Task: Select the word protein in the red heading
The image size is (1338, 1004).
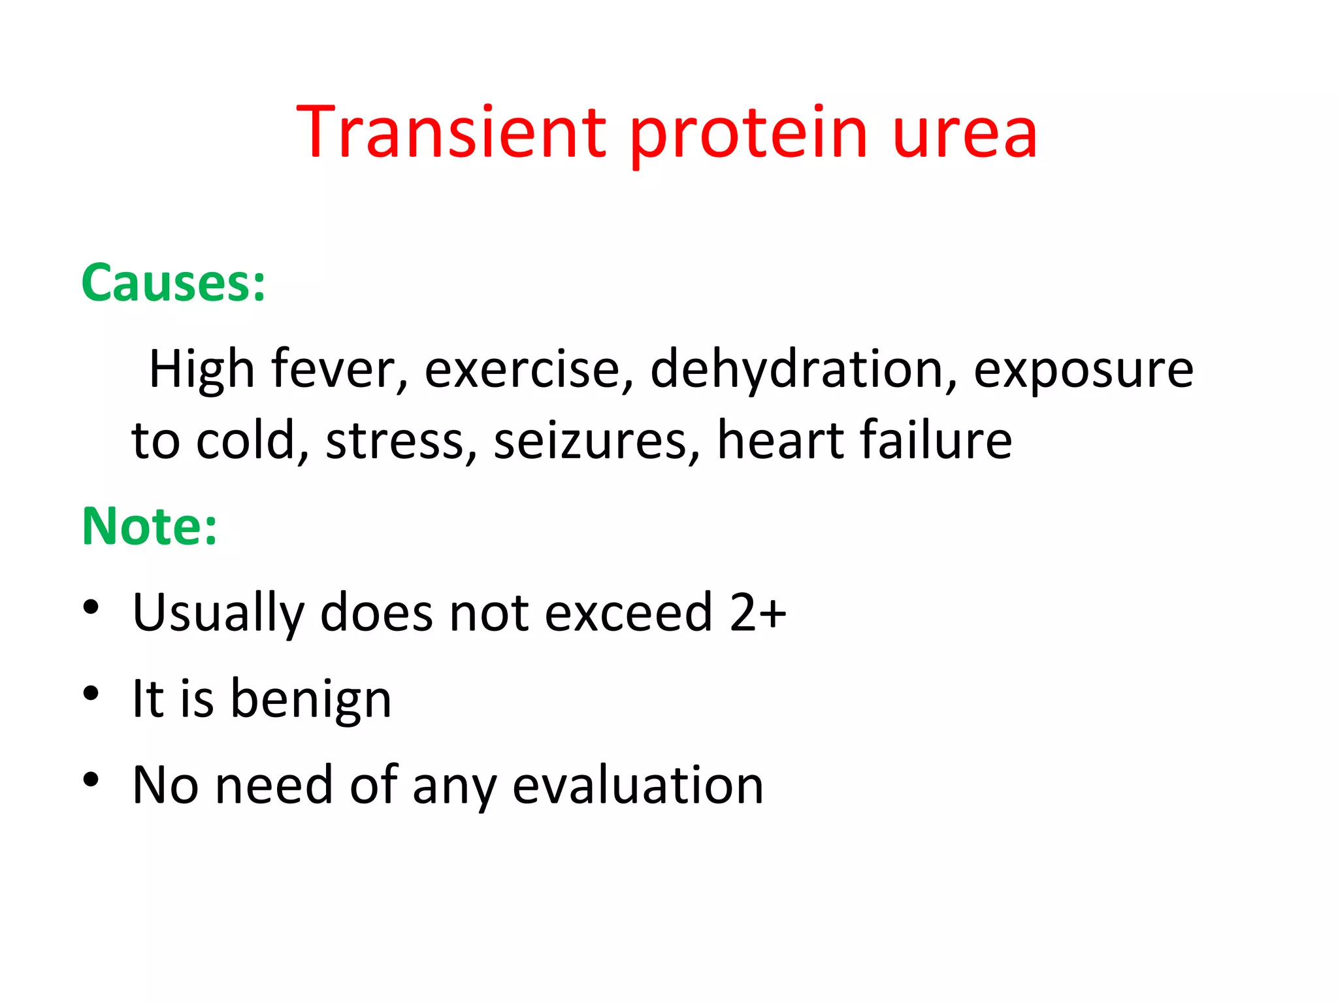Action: point(749,137)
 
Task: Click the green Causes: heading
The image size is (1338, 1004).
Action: point(174,283)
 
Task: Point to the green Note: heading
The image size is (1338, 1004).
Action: point(150,526)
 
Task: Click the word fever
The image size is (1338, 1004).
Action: point(340,369)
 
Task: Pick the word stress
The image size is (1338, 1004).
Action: point(401,441)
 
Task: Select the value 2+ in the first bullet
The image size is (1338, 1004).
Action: point(758,612)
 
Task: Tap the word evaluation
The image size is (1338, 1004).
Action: point(638,785)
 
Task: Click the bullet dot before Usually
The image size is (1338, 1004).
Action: point(91,607)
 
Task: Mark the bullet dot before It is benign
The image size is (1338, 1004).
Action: point(91,693)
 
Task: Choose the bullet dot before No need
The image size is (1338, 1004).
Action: point(91,779)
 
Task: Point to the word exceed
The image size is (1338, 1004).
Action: point(628,612)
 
